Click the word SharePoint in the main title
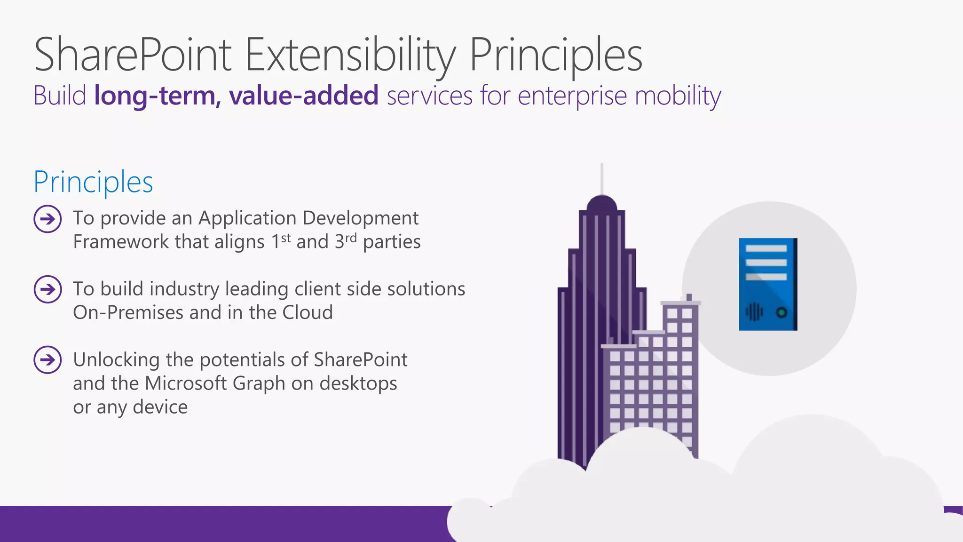tap(133, 56)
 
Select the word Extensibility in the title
tap(350, 56)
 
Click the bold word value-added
tap(304, 96)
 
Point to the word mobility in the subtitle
tap(678, 96)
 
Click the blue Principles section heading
tap(93, 182)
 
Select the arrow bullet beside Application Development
tap(47, 219)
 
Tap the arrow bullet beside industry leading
tap(47, 289)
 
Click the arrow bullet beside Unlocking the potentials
tap(47, 360)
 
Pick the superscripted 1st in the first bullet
tap(281, 241)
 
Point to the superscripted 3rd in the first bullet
tap(346, 241)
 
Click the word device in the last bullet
tap(160, 407)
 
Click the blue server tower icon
tap(768, 284)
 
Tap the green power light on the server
tap(781, 312)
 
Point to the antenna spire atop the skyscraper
tap(602, 179)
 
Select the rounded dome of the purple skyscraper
tap(602, 204)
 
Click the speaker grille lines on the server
tap(754, 312)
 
